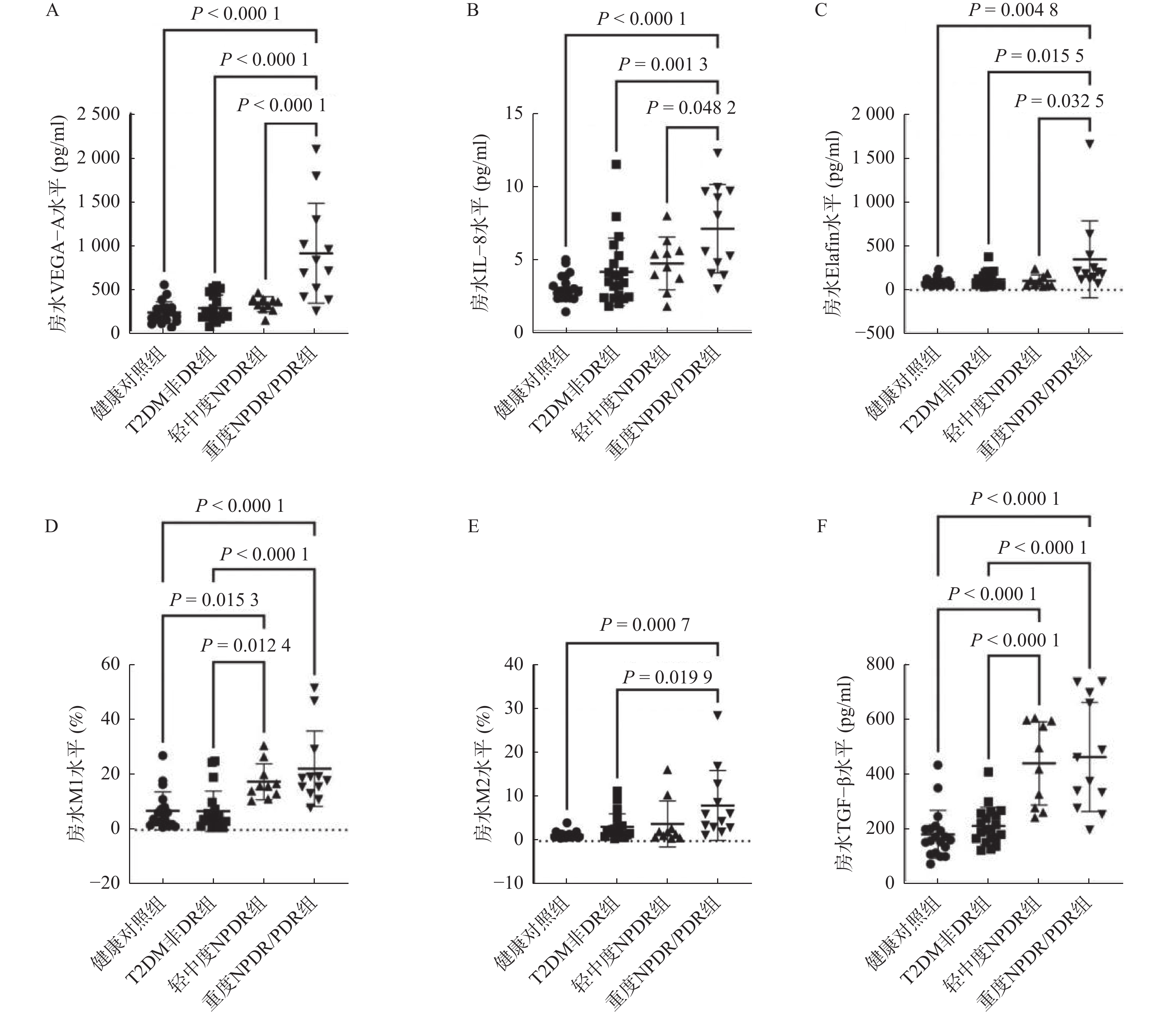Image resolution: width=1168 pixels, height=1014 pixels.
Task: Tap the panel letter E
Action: (x=473, y=526)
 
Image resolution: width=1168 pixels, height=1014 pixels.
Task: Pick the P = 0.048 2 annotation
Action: (x=691, y=107)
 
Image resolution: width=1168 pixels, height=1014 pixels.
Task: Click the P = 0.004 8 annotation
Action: (x=1013, y=10)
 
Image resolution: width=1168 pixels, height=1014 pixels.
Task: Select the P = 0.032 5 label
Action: (x=1059, y=101)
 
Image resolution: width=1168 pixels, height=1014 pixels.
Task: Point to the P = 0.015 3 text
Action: (x=214, y=600)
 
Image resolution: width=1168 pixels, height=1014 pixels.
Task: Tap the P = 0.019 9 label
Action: (x=667, y=677)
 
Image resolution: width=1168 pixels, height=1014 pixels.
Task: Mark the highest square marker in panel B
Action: (x=616, y=165)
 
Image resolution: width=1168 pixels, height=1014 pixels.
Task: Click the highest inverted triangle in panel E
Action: (x=717, y=715)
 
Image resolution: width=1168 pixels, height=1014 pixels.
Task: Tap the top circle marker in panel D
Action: (x=163, y=755)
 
